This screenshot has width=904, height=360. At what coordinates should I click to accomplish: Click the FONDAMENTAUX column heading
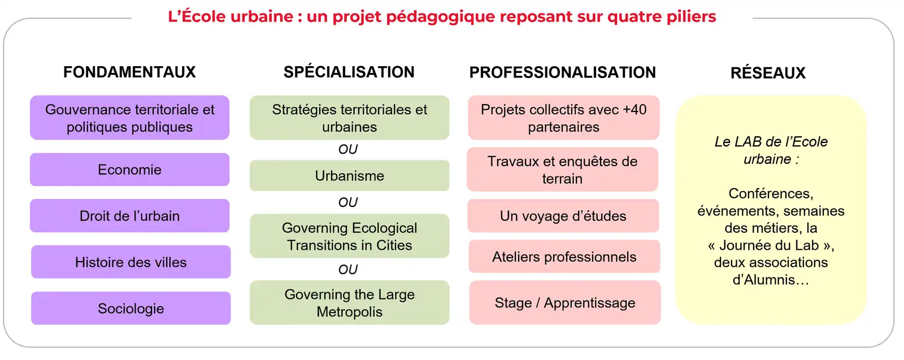(x=129, y=72)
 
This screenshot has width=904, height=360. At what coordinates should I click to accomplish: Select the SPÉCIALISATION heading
(x=349, y=72)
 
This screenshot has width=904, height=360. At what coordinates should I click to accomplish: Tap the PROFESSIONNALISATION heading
(x=563, y=73)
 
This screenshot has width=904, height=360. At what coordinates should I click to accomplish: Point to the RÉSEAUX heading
(x=768, y=73)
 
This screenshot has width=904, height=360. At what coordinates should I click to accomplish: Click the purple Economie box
(x=129, y=170)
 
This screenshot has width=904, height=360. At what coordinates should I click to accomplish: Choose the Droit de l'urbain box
(x=129, y=215)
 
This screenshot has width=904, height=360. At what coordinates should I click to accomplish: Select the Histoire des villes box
(x=131, y=262)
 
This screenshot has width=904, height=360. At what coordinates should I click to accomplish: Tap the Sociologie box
(x=131, y=309)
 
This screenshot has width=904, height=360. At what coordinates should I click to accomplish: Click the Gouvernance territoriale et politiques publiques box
(x=129, y=118)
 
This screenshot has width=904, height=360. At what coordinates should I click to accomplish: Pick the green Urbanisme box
(x=350, y=176)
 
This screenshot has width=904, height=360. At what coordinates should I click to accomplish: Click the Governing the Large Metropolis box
(x=350, y=303)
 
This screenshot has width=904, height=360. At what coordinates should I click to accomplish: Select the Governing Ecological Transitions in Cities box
(x=350, y=236)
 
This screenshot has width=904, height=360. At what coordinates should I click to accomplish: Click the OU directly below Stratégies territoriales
(x=348, y=149)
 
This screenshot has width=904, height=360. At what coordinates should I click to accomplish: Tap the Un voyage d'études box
(x=563, y=215)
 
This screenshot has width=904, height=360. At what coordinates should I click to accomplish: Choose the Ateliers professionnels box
(x=564, y=256)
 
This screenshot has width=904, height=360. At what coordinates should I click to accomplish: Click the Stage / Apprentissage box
(x=565, y=303)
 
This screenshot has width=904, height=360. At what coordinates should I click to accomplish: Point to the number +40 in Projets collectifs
(x=634, y=110)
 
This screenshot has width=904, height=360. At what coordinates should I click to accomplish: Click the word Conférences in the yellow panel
(x=771, y=194)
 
